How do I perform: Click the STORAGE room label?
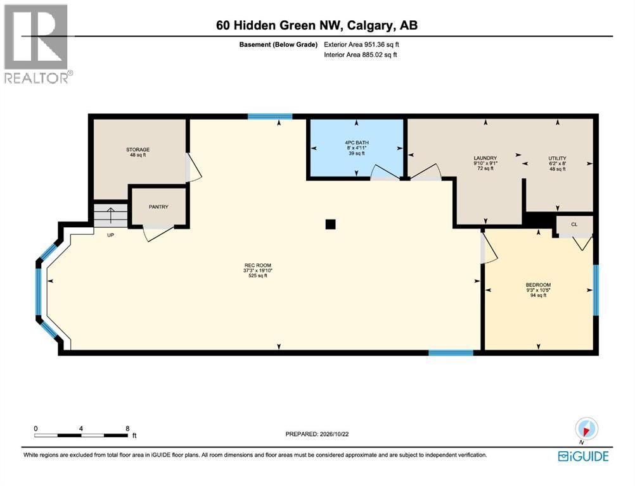coord(138,149)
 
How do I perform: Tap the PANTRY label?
coord(158,206)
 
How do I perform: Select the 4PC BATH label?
coord(356,143)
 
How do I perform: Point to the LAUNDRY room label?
coord(485,158)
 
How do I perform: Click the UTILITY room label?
coord(557,158)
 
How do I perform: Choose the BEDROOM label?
coord(538,285)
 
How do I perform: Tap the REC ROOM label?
coord(257,265)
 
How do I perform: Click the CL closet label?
coord(574,225)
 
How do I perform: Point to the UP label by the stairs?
coord(110,235)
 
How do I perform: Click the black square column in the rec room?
coord(330,224)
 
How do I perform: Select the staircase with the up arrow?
coord(111,215)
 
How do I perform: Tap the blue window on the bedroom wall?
coord(596,290)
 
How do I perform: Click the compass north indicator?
coord(586,429)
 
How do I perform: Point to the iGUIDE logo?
coord(583,456)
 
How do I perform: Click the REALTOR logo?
coord(37,44)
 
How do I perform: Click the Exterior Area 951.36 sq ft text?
coord(362,44)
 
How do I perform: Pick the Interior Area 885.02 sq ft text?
coord(361,54)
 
